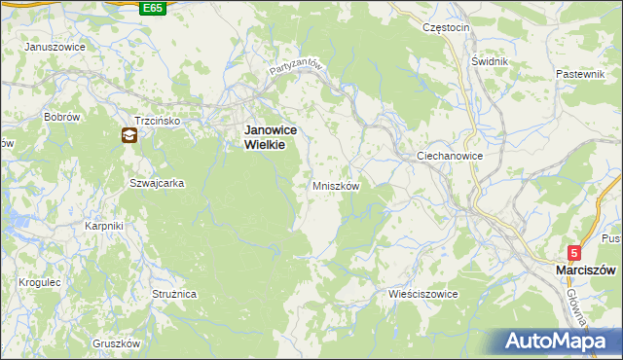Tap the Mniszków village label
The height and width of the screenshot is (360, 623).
[336, 185]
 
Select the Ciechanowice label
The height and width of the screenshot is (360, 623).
[450, 156]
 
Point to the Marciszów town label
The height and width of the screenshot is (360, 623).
[582, 269]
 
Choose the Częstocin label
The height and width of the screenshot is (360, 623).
[447, 28]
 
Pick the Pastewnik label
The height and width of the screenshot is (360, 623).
[582, 74]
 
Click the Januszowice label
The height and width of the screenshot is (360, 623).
[55, 47]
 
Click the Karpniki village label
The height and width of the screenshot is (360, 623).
[103, 226]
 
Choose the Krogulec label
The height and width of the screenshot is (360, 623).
[39, 282]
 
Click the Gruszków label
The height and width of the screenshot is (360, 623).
[117, 343]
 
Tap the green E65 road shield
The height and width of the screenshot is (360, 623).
[152, 8]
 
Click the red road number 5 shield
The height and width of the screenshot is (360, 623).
[575, 252]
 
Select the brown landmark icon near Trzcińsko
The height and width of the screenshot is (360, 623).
[128, 136]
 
